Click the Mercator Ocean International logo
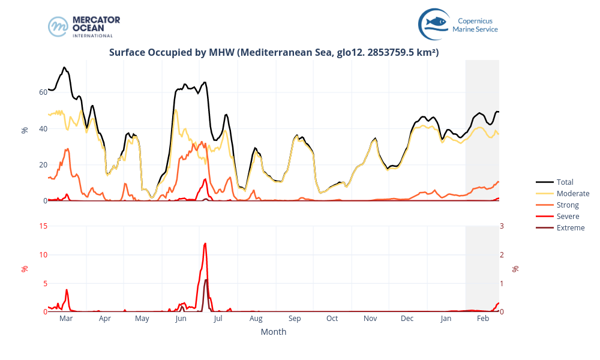click(84, 26)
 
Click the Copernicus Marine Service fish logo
click(434, 23)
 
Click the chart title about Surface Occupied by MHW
click(274, 52)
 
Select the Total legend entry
click(565, 182)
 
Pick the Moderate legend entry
click(572, 193)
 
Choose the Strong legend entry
click(568, 205)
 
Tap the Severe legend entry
click(568, 216)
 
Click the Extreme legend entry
click(570, 227)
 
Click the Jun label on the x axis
click(181, 319)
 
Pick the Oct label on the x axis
click(332, 319)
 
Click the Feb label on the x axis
click(483, 319)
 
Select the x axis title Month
click(274, 332)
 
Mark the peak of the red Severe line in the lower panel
click(205, 243)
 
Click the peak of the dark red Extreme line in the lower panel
click(206, 280)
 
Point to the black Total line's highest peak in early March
click(64, 67)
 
